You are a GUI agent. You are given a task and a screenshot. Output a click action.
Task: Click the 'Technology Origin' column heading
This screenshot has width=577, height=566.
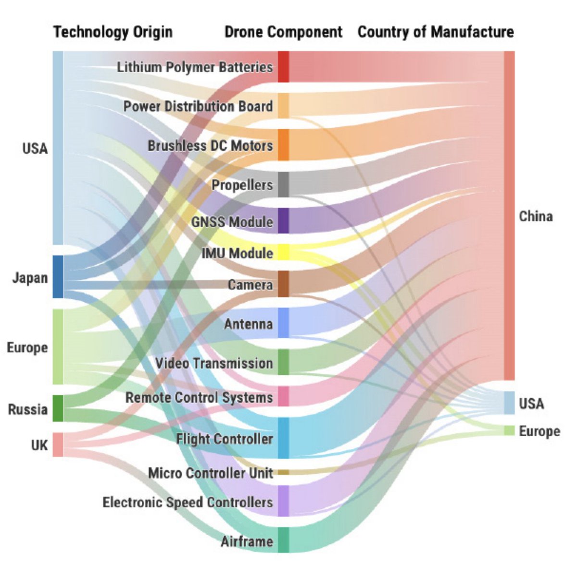coord(113,32)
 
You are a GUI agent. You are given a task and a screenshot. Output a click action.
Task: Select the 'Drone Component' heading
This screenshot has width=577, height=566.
coord(283,32)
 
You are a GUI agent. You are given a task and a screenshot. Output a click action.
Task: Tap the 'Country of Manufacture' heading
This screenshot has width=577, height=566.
coord(436,32)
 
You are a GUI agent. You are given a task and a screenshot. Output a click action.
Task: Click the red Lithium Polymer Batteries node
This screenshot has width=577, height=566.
coord(284,67)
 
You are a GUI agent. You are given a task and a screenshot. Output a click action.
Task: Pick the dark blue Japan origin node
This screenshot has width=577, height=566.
coord(58,277)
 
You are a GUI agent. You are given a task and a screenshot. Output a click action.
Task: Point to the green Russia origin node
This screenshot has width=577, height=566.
coord(58,408)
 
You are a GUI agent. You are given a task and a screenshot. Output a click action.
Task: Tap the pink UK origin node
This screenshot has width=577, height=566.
coord(58,444)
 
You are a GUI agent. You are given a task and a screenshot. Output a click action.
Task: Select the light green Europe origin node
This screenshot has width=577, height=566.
coord(58,346)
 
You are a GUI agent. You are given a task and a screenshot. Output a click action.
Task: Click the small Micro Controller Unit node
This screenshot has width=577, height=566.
coord(284,472)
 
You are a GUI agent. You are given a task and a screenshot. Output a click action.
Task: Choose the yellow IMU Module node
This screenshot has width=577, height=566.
coord(284,252)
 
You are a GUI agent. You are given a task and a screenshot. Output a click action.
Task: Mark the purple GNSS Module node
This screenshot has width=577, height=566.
coord(284,221)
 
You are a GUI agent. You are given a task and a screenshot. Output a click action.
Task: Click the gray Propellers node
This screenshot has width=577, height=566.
coord(284,185)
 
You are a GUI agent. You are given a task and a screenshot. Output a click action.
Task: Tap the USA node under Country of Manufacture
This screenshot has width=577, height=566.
coord(509,403)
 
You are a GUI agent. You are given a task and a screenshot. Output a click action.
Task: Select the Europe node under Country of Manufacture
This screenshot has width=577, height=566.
coord(509,431)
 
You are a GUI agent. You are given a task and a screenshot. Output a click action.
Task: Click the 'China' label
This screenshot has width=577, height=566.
coord(536,216)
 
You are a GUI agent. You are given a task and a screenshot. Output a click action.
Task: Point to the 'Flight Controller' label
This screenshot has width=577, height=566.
coord(224,439)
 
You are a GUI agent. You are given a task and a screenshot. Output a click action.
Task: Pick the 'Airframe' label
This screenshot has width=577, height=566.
coord(247,541)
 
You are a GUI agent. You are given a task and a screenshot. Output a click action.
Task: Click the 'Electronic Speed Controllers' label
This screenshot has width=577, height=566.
coord(188,503)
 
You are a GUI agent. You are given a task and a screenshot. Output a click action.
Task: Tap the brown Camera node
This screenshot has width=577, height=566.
coord(284,284)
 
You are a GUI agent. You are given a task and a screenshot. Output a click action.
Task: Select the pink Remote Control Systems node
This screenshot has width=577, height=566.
coord(284,396)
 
